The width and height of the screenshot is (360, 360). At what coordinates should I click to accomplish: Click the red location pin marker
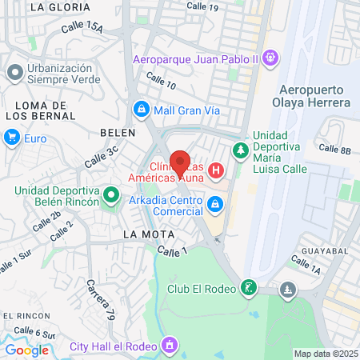tap(181, 162)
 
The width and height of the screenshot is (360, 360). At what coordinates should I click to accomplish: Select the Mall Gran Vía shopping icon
tap(141, 108)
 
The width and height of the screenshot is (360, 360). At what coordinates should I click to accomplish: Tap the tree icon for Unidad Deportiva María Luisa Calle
tap(239, 150)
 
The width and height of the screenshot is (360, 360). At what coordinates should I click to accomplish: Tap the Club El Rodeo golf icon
tap(250, 288)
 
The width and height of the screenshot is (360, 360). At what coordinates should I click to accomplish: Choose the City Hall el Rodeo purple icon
tap(169, 346)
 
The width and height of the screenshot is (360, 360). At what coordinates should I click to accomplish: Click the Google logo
tap(26, 350)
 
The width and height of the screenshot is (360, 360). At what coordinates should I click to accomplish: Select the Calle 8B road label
tap(334, 149)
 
